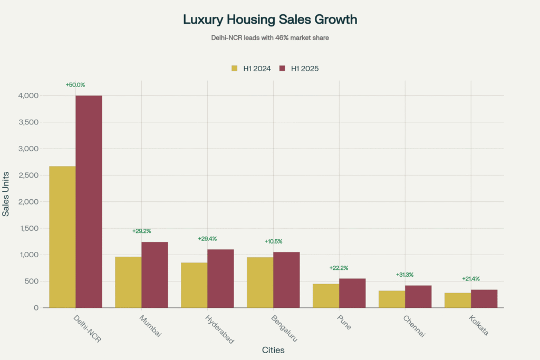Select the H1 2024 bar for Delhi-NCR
click(x=62, y=237)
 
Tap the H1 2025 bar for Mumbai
click(x=155, y=275)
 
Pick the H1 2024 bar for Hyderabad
click(x=194, y=285)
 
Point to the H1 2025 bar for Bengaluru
click(x=286, y=280)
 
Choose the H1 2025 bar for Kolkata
click(x=484, y=298)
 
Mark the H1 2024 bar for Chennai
click(x=392, y=299)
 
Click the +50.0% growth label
click(x=75, y=84)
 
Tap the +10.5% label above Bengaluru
click(x=273, y=241)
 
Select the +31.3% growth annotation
click(x=404, y=275)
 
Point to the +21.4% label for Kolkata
click(x=471, y=279)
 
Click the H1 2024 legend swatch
click(x=235, y=69)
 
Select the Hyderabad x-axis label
click(x=218, y=329)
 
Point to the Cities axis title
click(x=273, y=350)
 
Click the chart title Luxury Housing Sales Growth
click(x=270, y=20)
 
